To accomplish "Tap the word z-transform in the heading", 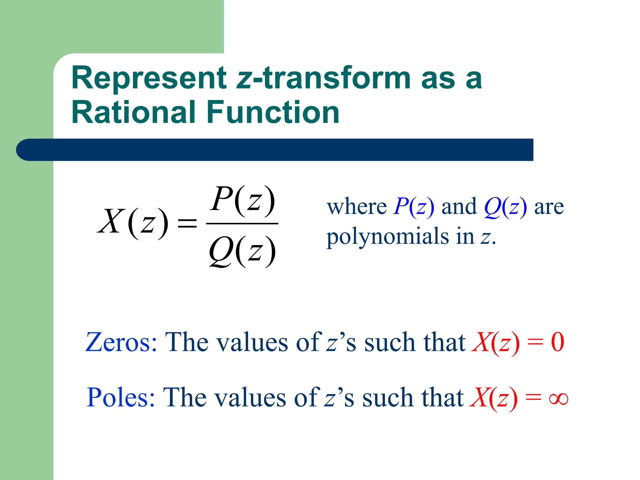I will coord(323,78).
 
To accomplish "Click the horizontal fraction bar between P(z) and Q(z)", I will coord(242,224).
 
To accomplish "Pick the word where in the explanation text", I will coord(357,207).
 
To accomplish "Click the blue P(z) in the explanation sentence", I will coord(413,207).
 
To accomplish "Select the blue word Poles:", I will coord(121,397).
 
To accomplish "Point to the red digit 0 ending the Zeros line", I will coord(557,342).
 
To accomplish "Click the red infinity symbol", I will coord(558,399).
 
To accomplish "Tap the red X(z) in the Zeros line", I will coord(495,343).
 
